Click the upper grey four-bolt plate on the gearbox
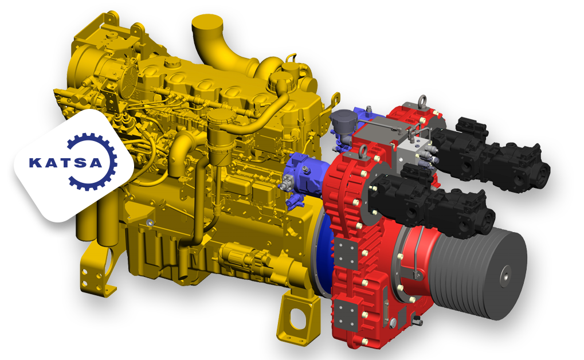tap(345, 253)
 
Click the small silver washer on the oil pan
tap(150, 222)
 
